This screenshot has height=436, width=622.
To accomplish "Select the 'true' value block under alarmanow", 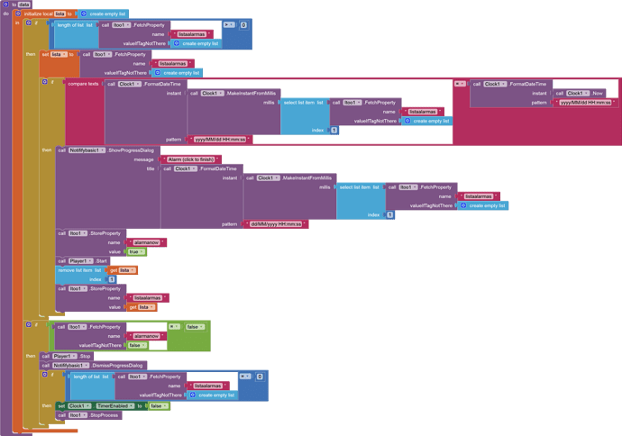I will [x=134, y=252].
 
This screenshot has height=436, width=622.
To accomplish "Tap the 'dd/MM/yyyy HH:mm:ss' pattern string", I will [x=277, y=223].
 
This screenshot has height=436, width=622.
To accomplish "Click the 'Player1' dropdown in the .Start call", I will [x=80, y=261].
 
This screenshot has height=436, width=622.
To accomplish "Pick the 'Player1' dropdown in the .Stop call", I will [x=63, y=356].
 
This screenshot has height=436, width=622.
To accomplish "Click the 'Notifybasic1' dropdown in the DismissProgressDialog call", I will [x=73, y=366].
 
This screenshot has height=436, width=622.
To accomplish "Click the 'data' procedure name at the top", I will [x=23, y=5].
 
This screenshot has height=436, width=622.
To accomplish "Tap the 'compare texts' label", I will [x=83, y=84].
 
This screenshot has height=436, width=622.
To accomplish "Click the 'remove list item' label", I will [x=78, y=270].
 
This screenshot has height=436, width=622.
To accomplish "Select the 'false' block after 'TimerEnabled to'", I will [x=157, y=406].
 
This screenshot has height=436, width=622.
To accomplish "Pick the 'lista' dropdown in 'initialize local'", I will [x=60, y=14].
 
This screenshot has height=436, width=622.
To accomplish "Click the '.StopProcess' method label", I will [x=104, y=415].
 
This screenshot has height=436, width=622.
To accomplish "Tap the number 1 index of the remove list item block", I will [x=111, y=279].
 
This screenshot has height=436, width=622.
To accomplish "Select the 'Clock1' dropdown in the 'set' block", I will [x=79, y=406].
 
